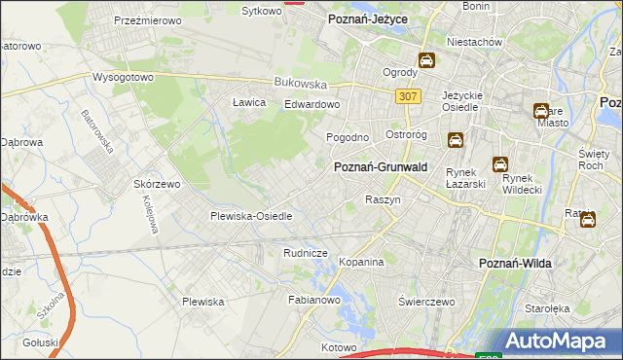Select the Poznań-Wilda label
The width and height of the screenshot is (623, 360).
[517, 264]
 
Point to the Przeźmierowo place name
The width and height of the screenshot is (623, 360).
[149, 19]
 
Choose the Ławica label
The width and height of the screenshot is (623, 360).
[249, 102]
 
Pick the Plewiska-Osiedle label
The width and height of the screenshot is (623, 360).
[251, 216]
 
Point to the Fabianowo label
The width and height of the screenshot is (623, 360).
[312, 301]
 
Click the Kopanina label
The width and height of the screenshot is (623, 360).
[362, 263]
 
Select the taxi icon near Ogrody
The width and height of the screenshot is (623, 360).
[426, 61]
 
